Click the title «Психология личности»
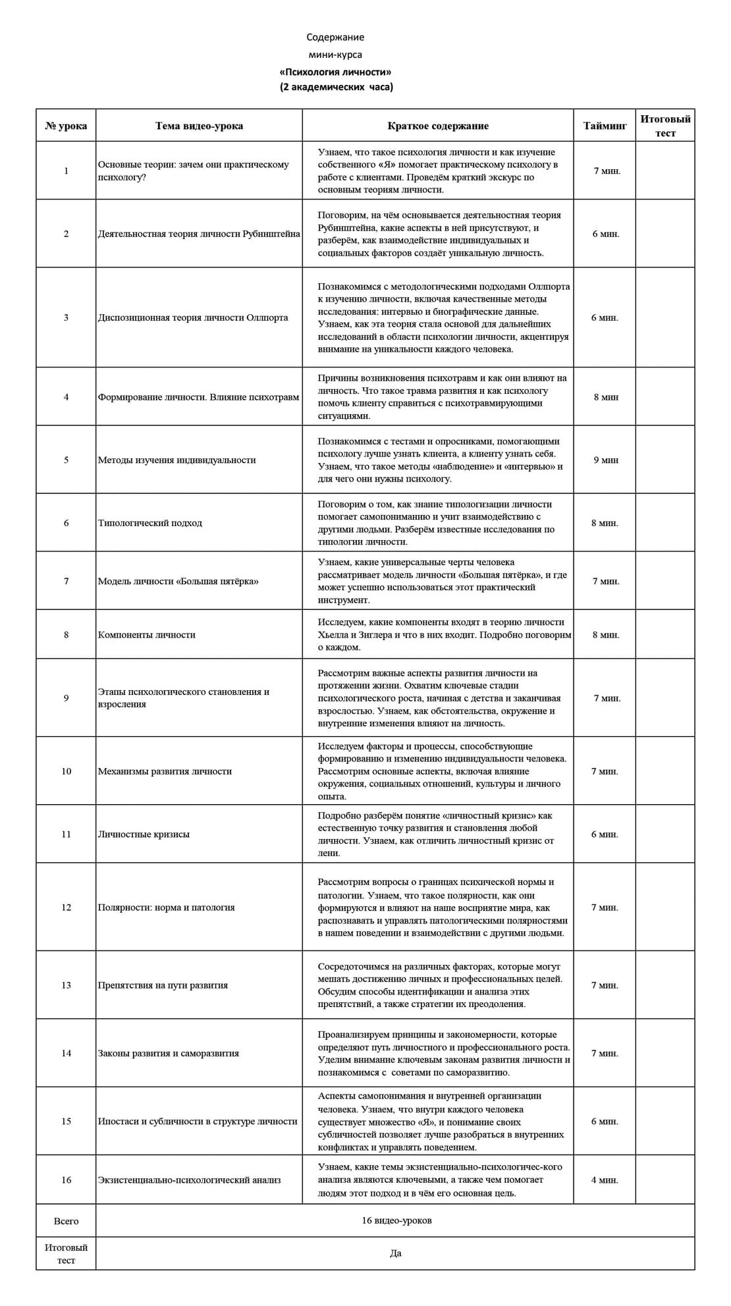pos(335,72)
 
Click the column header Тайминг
pos(605,126)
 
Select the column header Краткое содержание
pos(438,126)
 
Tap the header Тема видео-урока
pos(199,126)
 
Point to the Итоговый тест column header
pos(665,126)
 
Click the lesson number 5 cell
pos(66,460)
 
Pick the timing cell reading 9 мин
pos(605,460)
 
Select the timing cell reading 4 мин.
pos(605,1180)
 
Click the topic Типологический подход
pos(150,523)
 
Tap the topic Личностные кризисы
pos(144,834)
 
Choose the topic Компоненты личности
pos(147,635)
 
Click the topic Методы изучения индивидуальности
pos(176,460)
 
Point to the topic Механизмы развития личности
pos(165,771)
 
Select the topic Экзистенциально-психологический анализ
pos(190,1180)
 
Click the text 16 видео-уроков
pos(396,1220)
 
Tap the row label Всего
pos(66,1221)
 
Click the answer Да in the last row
pos(395,1253)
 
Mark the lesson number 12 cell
pos(66,907)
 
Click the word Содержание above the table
pos(335,38)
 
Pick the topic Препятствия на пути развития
pos(163,985)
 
